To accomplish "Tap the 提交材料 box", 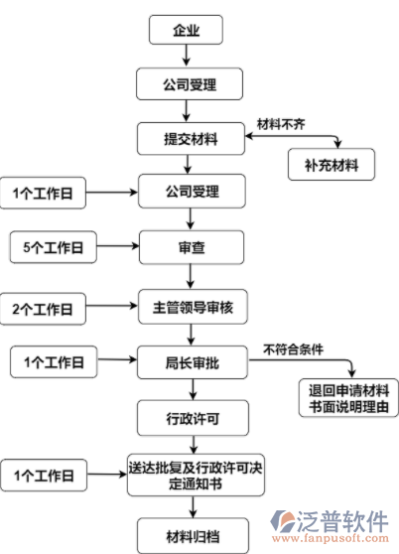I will pos(191,139).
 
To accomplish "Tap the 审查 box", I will pos(191,245).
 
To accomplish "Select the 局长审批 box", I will pos(191,362).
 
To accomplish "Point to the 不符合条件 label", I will pos(294,348).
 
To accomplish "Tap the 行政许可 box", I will pos(191,418).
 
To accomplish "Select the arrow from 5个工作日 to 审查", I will pos(118,245).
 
